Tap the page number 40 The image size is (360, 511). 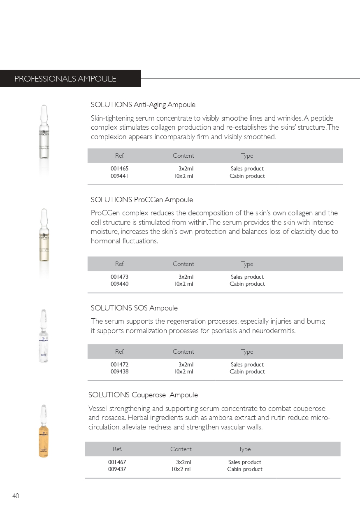pos(16,496)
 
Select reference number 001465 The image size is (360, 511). pos(116,168)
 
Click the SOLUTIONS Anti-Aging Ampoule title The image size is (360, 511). pos(143,105)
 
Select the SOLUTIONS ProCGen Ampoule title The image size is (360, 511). pos(142,200)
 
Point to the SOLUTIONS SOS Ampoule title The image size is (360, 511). pos(134,308)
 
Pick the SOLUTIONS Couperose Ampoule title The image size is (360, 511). pos(143,395)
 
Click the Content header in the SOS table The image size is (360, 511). pos(183,352)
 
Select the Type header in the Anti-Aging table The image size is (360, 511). pos(247,156)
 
